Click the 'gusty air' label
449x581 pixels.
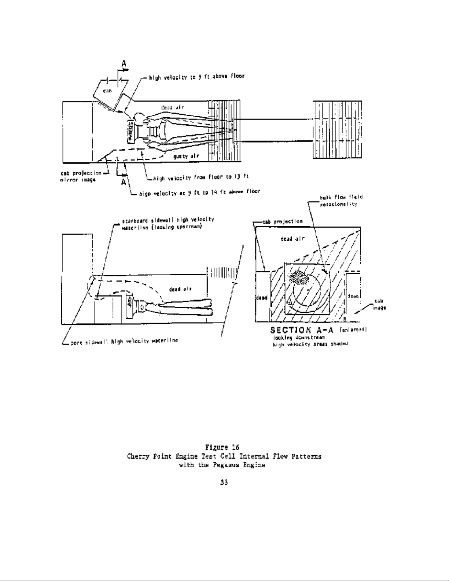186,156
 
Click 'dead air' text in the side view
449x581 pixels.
180,289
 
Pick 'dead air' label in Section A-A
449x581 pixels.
292,239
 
